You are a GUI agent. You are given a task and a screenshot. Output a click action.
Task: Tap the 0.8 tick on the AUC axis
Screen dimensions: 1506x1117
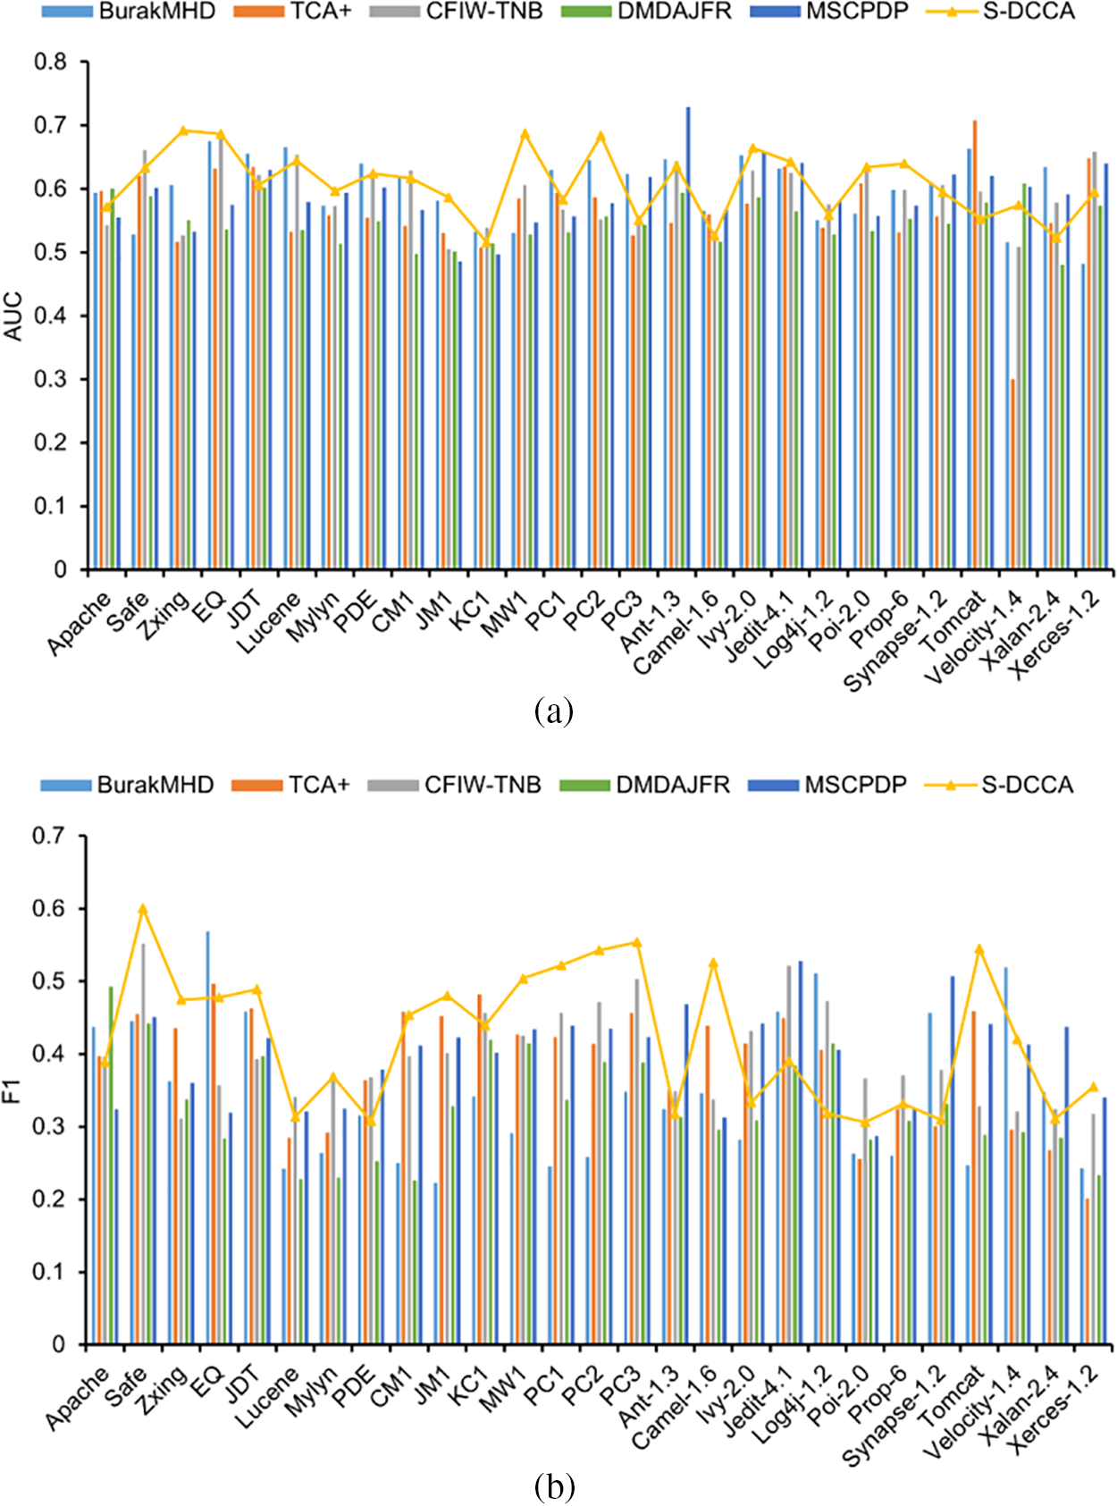pyautogui.click(x=51, y=62)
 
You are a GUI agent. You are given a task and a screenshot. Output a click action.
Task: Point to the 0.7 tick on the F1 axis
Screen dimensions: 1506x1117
pyautogui.click(x=49, y=836)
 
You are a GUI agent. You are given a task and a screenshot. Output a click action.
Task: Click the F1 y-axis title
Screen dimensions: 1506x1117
pyautogui.click(x=13, y=1090)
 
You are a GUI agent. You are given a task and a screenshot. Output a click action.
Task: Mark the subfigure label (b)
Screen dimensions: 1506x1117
pyautogui.click(x=553, y=1487)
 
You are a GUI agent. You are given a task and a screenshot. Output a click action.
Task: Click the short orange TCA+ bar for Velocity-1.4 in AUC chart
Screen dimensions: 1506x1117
pyautogui.click(x=1012, y=474)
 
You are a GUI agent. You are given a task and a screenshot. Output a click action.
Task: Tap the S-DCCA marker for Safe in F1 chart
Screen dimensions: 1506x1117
pyautogui.click(x=142, y=908)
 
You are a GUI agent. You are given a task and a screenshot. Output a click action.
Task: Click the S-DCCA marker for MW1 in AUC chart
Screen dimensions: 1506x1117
pyautogui.click(x=525, y=133)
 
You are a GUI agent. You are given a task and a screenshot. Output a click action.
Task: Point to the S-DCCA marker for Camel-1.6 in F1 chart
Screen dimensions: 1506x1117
pyautogui.click(x=713, y=963)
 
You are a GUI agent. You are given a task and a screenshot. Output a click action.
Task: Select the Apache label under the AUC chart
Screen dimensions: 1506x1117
pyautogui.click(x=80, y=623)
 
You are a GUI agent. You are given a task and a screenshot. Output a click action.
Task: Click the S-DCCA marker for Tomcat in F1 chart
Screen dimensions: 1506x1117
pyautogui.click(x=979, y=948)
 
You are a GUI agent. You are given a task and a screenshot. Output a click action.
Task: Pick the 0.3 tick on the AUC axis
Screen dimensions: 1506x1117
pyautogui.click(x=51, y=379)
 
